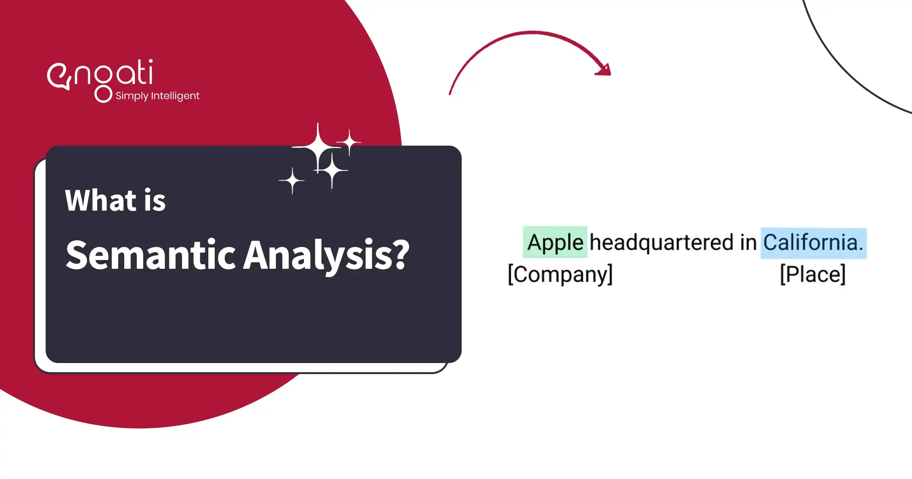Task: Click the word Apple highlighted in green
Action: (x=555, y=243)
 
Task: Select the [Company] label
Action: (x=560, y=274)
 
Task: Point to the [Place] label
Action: (x=813, y=274)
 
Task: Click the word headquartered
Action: (x=662, y=243)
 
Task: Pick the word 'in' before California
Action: (x=748, y=243)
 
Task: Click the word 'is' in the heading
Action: (x=155, y=200)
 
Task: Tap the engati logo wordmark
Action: (x=101, y=74)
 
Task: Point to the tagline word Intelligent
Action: (x=175, y=96)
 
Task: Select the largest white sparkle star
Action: (x=318, y=148)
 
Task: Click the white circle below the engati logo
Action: (x=103, y=94)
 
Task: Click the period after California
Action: (x=861, y=249)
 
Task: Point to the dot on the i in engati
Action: (x=151, y=61)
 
